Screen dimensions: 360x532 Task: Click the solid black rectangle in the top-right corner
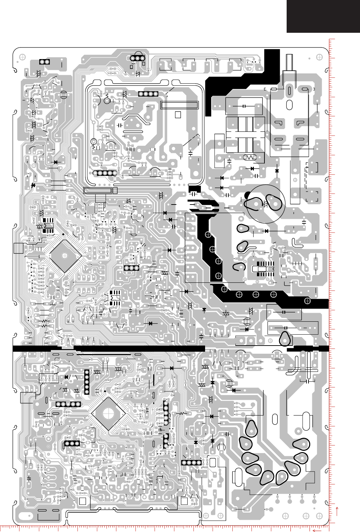(x=323, y=16)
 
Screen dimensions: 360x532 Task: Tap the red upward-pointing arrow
(x=337, y=512)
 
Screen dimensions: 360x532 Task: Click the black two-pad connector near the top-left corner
(x=44, y=62)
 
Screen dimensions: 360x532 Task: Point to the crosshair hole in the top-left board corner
(x=23, y=57)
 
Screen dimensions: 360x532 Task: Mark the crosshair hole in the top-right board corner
(x=319, y=57)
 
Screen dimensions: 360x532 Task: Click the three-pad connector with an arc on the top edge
(x=138, y=58)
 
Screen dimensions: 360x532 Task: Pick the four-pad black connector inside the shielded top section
(x=148, y=94)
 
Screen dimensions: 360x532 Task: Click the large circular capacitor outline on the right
(x=265, y=204)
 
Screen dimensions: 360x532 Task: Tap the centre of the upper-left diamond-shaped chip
(x=65, y=255)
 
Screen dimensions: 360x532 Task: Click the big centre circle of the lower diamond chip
(x=108, y=414)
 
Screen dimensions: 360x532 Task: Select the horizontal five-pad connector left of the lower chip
(x=68, y=404)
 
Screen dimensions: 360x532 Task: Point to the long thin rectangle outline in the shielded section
(x=179, y=105)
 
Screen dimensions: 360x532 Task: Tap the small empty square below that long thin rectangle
(x=178, y=115)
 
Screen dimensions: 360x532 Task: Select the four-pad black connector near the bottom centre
(x=191, y=463)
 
